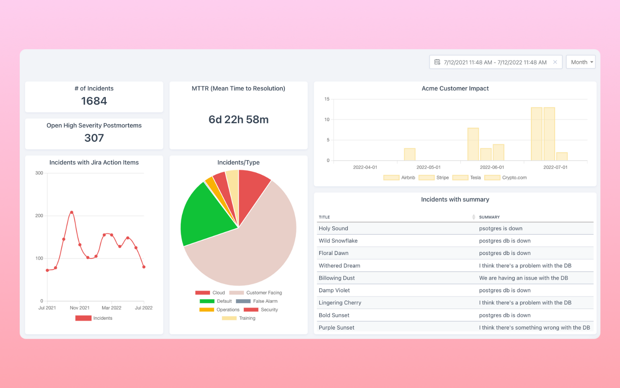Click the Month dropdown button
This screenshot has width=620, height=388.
pos(580,62)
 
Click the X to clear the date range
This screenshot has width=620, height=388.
pos(555,62)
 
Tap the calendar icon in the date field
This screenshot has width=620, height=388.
pos(437,62)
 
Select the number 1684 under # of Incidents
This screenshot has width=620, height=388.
pos(94,101)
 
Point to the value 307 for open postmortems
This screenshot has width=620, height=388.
pos(94,138)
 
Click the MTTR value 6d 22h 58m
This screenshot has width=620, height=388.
pos(238,120)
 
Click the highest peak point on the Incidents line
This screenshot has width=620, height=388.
pos(72,212)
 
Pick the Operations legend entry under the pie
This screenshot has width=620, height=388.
pos(220,310)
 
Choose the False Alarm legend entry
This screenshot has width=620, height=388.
pos(257,301)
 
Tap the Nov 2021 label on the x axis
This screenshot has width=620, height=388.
pos(79,308)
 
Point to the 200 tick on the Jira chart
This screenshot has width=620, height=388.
pos(39,216)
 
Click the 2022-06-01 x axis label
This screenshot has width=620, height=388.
pos(492,167)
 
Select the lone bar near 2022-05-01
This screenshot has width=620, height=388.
pos(410,154)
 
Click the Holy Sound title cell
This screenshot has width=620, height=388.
pos(333,229)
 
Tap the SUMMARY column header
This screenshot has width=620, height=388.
pos(489,217)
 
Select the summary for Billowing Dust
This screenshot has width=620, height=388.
pos(523,278)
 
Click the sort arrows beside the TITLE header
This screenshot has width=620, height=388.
pos(474,217)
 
